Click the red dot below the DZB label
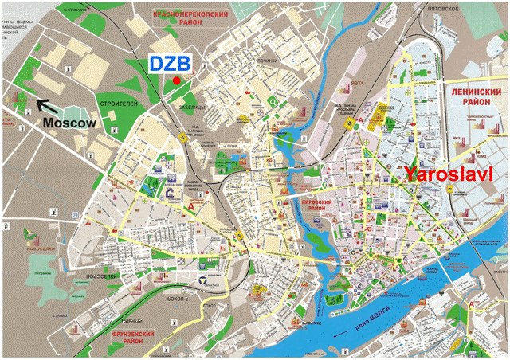pos(176,80)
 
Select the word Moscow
pos(69,123)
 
